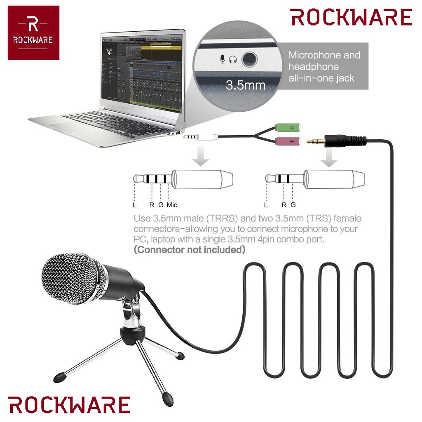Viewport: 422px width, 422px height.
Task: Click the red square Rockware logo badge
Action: pos(33,33)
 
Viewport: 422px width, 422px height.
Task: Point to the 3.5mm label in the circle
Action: pos(245,86)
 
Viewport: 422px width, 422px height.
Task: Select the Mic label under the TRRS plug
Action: pos(172,204)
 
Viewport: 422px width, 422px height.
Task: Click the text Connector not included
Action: pos(190,249)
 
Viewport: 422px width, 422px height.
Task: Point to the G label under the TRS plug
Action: pos(293,204)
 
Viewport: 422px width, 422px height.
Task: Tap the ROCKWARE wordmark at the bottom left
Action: pos(69,405)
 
